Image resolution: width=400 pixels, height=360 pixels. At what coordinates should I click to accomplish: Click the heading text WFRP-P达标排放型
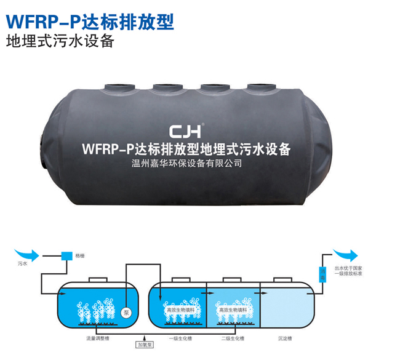(x=89, y=22)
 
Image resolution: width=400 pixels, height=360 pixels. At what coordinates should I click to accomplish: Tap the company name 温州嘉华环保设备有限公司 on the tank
(x=183, y=164)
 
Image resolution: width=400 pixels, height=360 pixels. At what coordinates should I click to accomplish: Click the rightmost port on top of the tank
(x=255, y=89)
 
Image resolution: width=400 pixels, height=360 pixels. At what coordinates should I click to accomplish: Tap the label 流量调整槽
(x=98, y=338)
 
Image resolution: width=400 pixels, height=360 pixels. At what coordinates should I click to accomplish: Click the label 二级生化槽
(x=233, y=338)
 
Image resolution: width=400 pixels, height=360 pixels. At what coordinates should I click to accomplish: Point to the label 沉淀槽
(x=284, y=338)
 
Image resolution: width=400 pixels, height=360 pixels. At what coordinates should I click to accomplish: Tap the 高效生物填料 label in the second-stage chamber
(x=233, y=310)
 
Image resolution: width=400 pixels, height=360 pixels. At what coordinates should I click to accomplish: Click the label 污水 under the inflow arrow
(x=23, y=263)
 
